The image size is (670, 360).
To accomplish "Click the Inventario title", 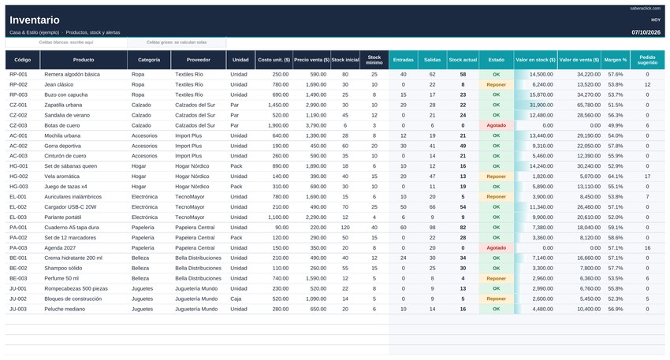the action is click(35, 20).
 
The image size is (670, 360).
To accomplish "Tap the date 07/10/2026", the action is click(646, 32).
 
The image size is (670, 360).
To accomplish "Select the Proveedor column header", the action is click(199, 60).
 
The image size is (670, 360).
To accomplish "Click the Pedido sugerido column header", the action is click(647, 60).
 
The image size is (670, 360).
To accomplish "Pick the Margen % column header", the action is click(616, 60).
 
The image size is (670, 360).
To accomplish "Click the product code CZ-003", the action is click(18, 125).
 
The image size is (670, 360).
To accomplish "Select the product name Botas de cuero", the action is click(62, 125).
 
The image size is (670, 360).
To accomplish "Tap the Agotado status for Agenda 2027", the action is click(496, 247).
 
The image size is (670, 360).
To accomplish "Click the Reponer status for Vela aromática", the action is click(496, 176).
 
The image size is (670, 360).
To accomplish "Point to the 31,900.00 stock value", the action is click(541, 105).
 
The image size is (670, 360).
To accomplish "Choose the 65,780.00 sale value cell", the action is click(589, 105).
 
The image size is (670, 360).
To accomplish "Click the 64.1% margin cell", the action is click(616, 176).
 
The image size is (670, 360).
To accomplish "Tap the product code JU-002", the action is click(18, 299).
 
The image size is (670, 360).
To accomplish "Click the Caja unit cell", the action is click(236, 299).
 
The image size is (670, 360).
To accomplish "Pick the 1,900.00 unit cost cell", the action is click(278, 125).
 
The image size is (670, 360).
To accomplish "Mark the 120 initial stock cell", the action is click(345, 228).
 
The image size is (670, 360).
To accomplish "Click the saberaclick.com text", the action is click(646, 9).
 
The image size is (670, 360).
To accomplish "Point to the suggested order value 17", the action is click(647, 176).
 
